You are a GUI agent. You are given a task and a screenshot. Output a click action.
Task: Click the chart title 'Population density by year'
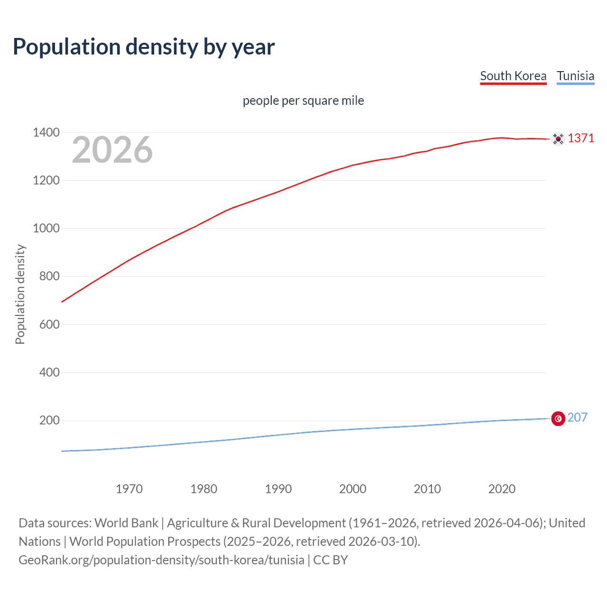click(144, 47)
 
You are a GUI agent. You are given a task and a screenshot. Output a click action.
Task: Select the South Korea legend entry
click(513, 76)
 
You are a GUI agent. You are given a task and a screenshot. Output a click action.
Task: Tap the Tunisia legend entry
click(575, 76)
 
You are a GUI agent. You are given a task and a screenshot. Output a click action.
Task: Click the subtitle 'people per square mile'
click(303, 101)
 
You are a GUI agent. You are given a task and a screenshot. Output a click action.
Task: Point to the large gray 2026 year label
click(112, 150)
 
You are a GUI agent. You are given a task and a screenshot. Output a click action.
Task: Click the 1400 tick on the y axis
click(46, 132)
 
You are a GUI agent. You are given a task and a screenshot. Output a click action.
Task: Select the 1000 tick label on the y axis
click(46, 228)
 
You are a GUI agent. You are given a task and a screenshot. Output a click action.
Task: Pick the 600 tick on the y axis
click(49, 324)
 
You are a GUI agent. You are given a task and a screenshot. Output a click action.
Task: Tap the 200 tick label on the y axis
click(49, 420)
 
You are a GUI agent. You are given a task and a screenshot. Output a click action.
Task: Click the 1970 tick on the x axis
click(129, 489)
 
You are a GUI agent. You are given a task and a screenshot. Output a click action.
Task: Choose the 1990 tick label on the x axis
click(278, 489)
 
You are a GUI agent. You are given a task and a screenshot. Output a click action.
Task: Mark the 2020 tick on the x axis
click(502, 489)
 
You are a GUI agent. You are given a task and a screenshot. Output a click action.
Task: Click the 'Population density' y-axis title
click(20, 294)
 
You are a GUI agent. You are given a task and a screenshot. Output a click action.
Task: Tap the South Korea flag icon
click(558, 139)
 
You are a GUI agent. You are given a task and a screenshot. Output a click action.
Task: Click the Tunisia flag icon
click(558, 419)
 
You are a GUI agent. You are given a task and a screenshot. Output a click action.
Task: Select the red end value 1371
click(581, 138)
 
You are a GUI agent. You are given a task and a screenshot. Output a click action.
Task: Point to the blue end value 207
click(577, 417)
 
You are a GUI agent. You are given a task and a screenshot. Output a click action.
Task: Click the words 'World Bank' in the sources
click(126, 523)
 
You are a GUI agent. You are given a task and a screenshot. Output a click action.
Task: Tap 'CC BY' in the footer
click(331, 560)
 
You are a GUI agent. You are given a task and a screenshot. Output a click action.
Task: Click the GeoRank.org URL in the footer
click(161, 560)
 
